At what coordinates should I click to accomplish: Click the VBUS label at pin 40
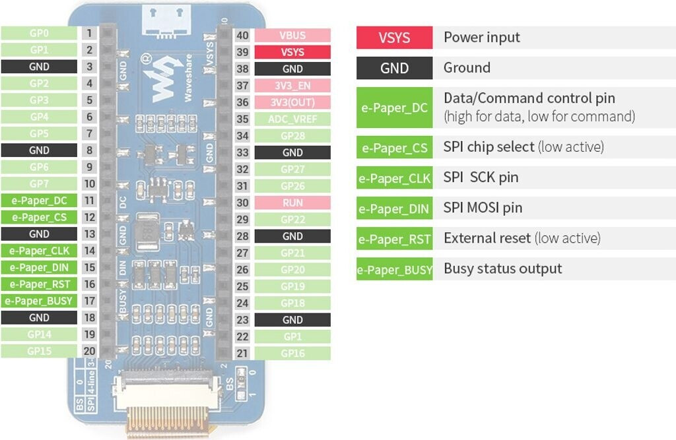292,36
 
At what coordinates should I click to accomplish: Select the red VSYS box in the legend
394,38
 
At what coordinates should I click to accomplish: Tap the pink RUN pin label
292,203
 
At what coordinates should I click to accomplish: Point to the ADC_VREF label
292,119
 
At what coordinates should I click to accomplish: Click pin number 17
90,301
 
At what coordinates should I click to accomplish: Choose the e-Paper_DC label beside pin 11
39,201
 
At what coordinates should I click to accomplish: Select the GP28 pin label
292,136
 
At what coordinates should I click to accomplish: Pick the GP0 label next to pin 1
39,33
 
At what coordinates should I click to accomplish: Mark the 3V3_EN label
292,86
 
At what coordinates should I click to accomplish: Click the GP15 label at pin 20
39,351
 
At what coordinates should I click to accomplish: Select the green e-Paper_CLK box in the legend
394,178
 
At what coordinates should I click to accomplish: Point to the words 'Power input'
481,38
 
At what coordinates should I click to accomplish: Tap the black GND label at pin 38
292,69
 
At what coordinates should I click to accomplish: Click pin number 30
242,203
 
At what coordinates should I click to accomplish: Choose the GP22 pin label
292,220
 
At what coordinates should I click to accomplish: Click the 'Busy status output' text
502,268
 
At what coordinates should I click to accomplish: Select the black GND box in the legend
394,68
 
